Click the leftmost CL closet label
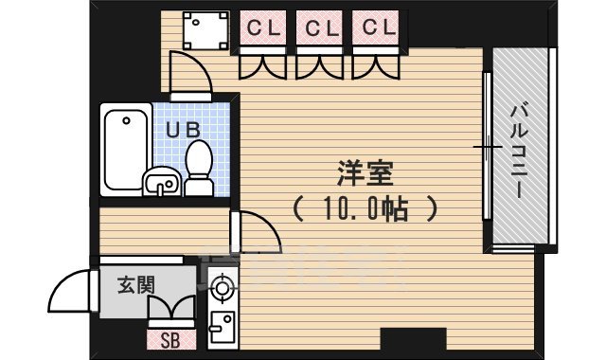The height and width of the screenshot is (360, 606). click(262, 28)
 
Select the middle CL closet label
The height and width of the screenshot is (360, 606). click(319, 28)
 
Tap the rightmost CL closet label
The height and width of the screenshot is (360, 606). click(376, 28)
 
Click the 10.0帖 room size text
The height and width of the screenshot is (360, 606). click(364, 207)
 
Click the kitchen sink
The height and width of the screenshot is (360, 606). click(223, 327)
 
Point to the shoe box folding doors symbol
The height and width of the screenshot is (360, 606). click(171, 311)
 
